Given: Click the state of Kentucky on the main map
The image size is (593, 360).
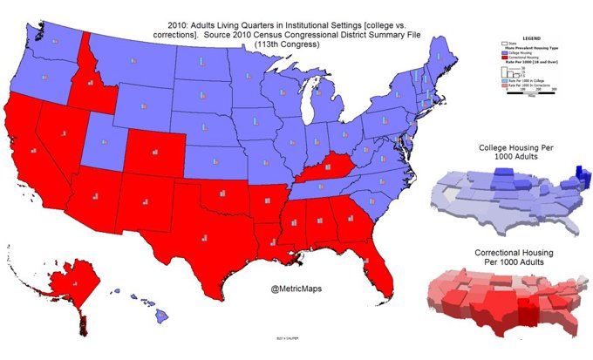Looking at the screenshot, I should click(324, 166).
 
